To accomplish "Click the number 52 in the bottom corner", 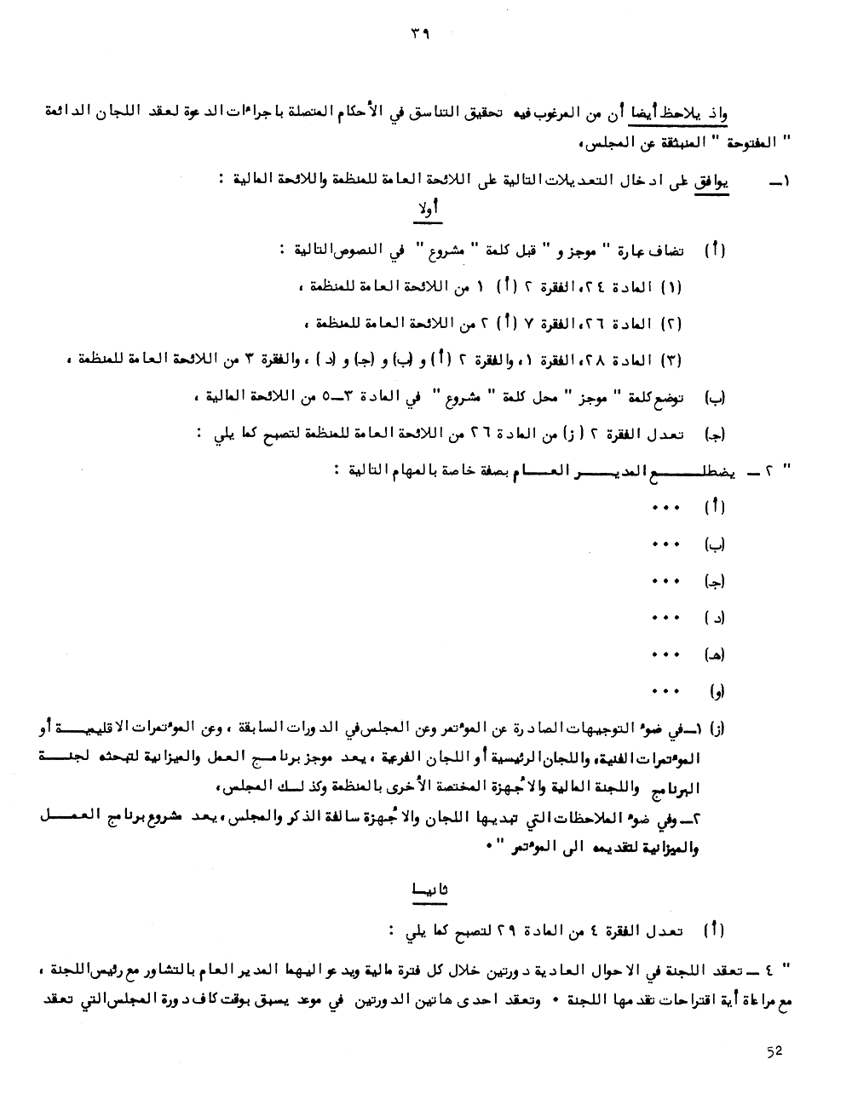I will [x=774, y=1051].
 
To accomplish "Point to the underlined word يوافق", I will [x=717, y=180].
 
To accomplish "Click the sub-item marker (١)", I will [x=671, y=287].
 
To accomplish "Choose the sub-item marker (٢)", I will [x=671, y=324].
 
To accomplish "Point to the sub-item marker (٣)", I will [x=671, y=360].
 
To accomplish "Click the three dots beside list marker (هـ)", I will [x=665, y=654].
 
